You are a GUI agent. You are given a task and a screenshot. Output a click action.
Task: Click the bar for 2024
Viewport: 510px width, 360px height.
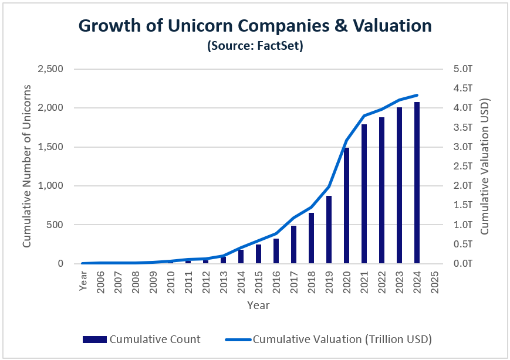(x=417, y=183)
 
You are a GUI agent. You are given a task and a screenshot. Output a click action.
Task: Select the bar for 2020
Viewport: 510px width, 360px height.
(x=346, y=206)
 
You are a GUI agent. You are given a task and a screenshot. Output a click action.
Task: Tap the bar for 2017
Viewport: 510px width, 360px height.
(x=293, y=244)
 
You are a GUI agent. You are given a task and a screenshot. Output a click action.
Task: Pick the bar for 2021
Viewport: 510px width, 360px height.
(x=364, y=194)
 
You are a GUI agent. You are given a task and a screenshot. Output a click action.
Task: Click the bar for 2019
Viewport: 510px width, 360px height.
(x=329, y=230)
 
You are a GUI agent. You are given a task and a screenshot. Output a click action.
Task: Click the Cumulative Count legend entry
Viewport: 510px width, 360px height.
(x=141, y=339)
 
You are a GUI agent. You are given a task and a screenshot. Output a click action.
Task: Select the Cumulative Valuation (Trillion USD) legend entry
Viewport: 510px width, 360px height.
(x=329, y=339)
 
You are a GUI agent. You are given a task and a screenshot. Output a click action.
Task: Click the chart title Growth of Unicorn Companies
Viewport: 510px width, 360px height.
(x=255, y=26)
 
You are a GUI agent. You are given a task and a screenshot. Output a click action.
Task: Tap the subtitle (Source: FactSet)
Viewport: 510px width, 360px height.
(x=255, y=46)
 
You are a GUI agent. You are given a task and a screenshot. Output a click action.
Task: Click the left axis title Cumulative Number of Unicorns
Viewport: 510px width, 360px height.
(x=27, y=167)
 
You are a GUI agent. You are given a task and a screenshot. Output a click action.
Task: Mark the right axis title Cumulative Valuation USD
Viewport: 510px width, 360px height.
(x=485, y=167)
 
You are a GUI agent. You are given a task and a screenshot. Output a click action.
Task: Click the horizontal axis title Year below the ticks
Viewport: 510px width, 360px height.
(x=258, y=305)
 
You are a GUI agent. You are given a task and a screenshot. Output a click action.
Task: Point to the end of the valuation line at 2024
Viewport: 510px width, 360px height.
(x=417, y=95)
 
